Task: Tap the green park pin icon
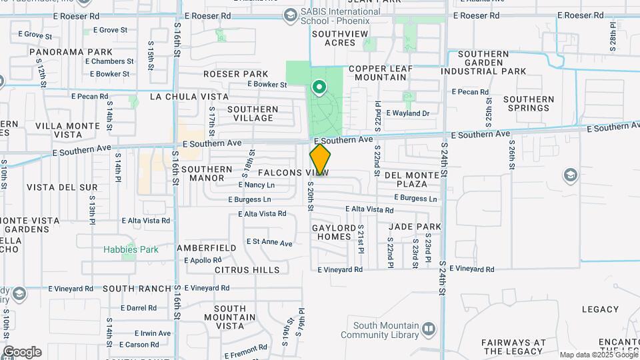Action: [319, 87]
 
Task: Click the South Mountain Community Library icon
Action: [428, 329]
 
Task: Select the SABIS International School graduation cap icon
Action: [290, 15]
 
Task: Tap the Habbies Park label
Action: [131, 250]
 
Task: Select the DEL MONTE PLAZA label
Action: [411, 179]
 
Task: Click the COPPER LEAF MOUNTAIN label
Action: [380, 73]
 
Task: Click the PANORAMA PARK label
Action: [71, 51]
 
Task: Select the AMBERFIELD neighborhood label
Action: [207, 248]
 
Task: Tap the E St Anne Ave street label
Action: [269, 243]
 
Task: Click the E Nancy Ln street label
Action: [256, 185]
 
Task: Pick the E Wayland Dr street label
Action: [407, 113]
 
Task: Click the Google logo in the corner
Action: [21, 352]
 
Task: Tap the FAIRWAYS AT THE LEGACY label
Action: [513, 347]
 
